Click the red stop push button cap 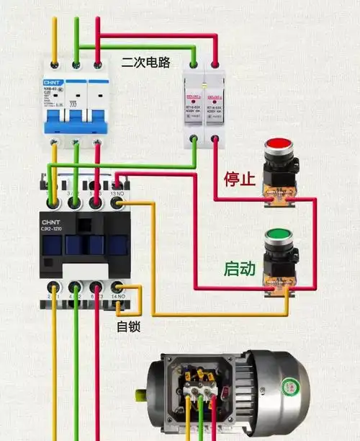pos(276,147)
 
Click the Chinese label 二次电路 pos(146,63)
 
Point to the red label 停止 pos(240,179)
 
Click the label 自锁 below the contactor pos(128,326)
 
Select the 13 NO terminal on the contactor pos(117,204)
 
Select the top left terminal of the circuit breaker pos(54,66)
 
